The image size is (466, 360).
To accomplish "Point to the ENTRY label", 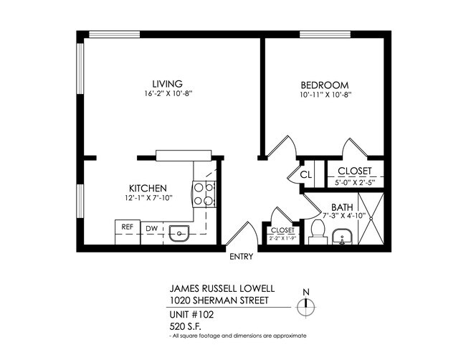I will click(x=242, y=257).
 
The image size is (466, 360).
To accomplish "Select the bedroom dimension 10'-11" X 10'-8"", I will click(x=326, y=94).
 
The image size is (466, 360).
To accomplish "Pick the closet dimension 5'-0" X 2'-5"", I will click(x=355, y=181).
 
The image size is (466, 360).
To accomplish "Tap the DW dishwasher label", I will click(x=151, y=229).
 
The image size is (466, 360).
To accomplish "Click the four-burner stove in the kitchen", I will click(x=203, y=194).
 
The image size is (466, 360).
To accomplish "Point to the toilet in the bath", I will click(x=318, y=231).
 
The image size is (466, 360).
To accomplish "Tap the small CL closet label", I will click(x=305, y=174).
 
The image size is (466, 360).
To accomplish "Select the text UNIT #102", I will click(x=190, y=314).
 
